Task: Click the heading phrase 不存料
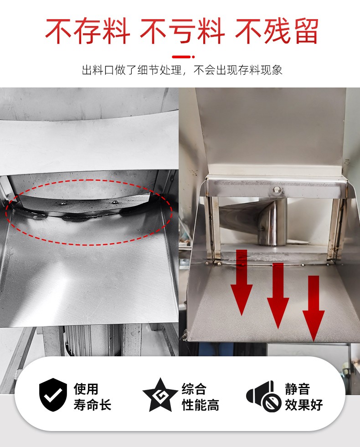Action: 88,31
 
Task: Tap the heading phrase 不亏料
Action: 182,31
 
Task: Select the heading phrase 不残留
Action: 277,31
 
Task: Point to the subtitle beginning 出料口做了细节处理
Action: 182,70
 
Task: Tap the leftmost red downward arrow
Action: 242,282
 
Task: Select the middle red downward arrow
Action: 278,296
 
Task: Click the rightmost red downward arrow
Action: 314,308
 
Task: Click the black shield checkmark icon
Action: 53,395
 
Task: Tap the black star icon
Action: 160,395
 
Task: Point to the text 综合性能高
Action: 201,396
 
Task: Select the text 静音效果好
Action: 304,396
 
